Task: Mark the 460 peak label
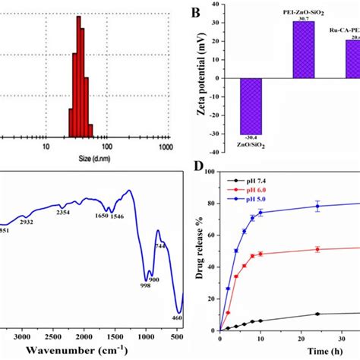point(176,317)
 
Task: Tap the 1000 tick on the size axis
point(164,146)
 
